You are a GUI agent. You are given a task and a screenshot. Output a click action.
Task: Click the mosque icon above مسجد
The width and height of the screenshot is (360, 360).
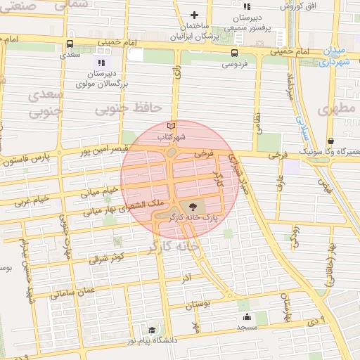click(x=247, y=316)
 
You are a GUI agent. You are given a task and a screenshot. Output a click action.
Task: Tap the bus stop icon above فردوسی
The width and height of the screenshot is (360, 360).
click(x=233, y=53)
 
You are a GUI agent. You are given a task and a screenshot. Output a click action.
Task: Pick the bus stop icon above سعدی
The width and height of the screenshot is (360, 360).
click(x=69, y=42)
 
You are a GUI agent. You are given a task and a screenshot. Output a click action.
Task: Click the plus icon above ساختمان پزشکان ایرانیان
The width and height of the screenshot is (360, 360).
click(x=195, y=15)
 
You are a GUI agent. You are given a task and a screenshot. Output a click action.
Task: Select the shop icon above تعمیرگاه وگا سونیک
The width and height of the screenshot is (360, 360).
click(x=330, y=141)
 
